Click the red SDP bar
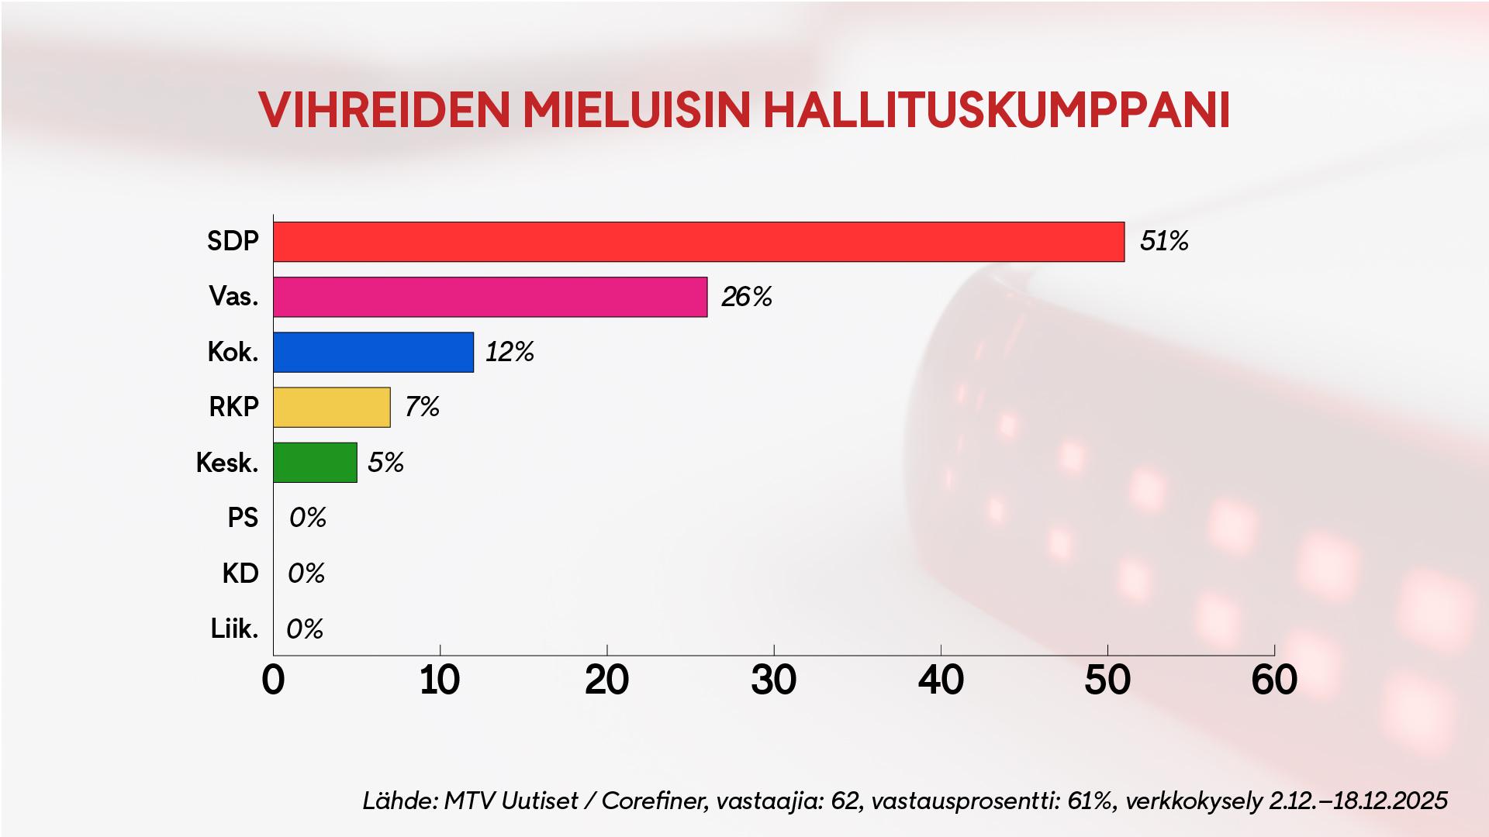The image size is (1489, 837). tap(698, 242)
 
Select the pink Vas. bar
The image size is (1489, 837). tap(490, 297)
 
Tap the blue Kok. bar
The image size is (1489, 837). tap(373, 352)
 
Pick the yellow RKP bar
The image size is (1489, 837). tap(331, 407)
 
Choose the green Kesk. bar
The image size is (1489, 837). tap(315, 462)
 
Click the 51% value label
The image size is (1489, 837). tap(1163, 242)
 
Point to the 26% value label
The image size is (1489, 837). tap(746, 297)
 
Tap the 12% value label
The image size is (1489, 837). tap(510, 352)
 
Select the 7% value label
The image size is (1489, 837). tap(422, 407)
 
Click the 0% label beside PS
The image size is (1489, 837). tap(307, 518)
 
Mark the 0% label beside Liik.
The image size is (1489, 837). tap(304, 629)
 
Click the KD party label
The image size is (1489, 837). tap(240, 573)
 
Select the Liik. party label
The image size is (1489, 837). tap(234, 629)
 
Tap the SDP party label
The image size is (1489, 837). tap(233, 242)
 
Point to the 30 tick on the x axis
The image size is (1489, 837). tap(773, 680)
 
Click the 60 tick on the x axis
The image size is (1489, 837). tap(1274, 680)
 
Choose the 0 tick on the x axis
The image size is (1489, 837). tap(274, 680)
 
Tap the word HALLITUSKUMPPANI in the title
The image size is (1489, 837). tap(997, 110)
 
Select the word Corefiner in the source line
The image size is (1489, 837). tap(654, 801)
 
